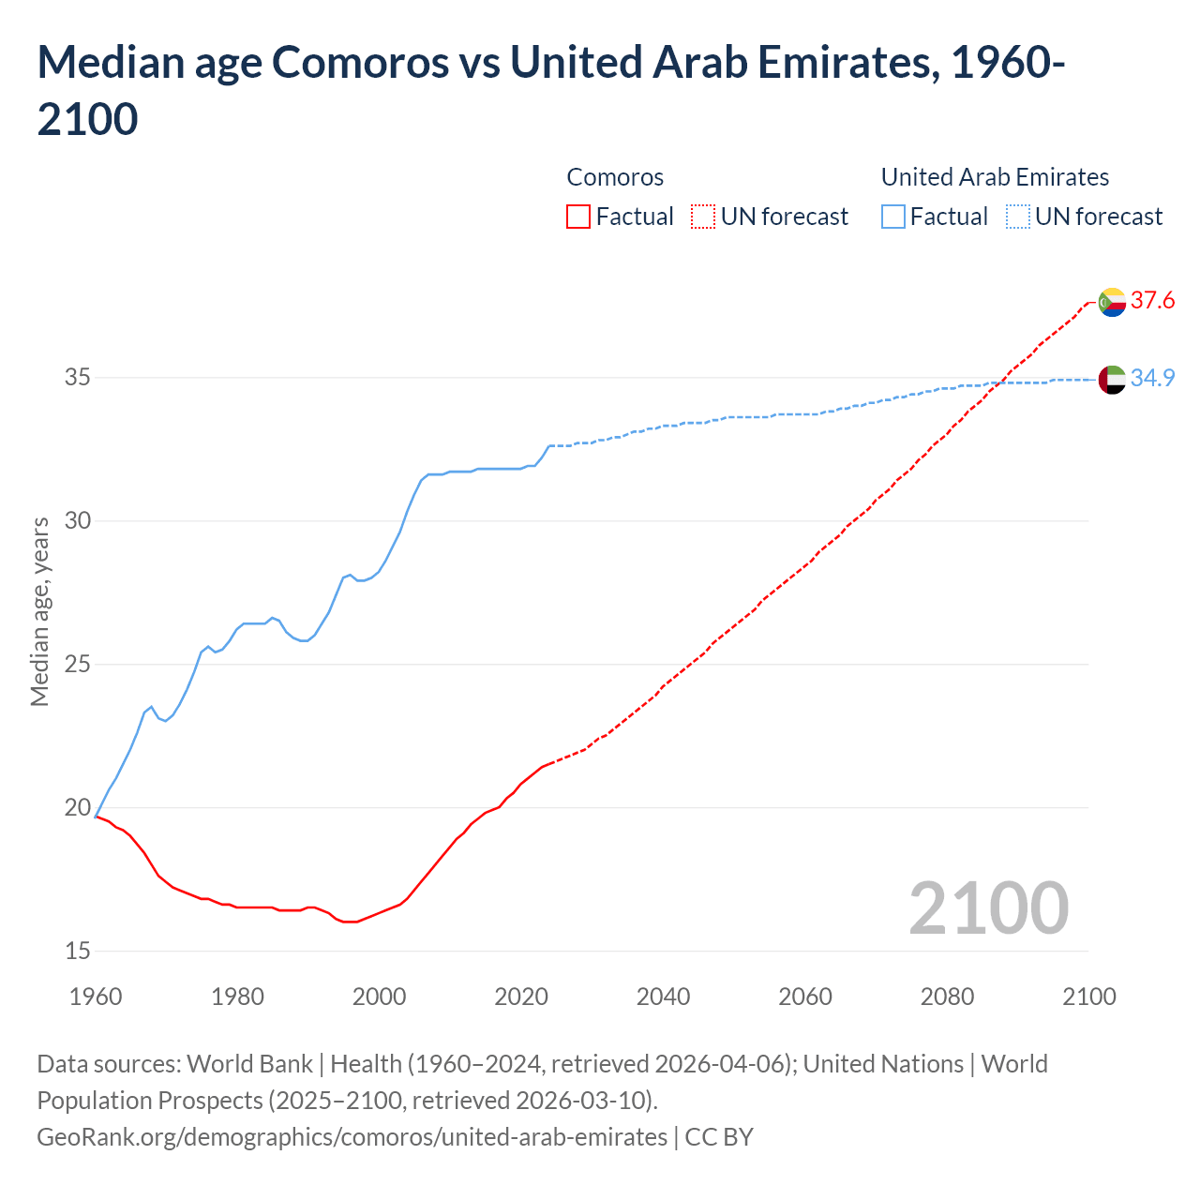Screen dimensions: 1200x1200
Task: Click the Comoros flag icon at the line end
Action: point(1112,302)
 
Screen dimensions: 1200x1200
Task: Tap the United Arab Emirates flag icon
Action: point(1112,380)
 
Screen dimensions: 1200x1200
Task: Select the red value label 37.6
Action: point(1152,301)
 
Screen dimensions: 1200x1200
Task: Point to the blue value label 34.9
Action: point(1152,378)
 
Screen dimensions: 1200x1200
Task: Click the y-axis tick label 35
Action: point(78,378)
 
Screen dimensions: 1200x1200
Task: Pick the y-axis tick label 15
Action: point(78,952)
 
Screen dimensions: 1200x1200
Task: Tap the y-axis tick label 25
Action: point(78,665)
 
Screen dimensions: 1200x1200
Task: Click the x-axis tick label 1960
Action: point(96,997)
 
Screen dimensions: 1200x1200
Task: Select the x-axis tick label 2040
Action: point(663,997)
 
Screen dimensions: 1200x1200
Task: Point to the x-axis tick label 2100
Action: point(1088,997)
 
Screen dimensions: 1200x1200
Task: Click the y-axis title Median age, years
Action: point(39,610)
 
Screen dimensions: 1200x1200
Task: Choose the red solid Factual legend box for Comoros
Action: point(578,217)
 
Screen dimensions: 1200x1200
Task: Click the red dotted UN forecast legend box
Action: point(703,217)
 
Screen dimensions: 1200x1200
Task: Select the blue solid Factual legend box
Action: point(893,217)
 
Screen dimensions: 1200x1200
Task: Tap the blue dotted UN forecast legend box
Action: point(1017,217)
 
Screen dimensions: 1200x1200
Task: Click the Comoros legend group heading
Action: point(615,177)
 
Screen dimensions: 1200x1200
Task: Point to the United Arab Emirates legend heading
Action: point(995,177)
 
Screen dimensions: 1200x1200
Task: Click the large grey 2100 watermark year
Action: point(988,908)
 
